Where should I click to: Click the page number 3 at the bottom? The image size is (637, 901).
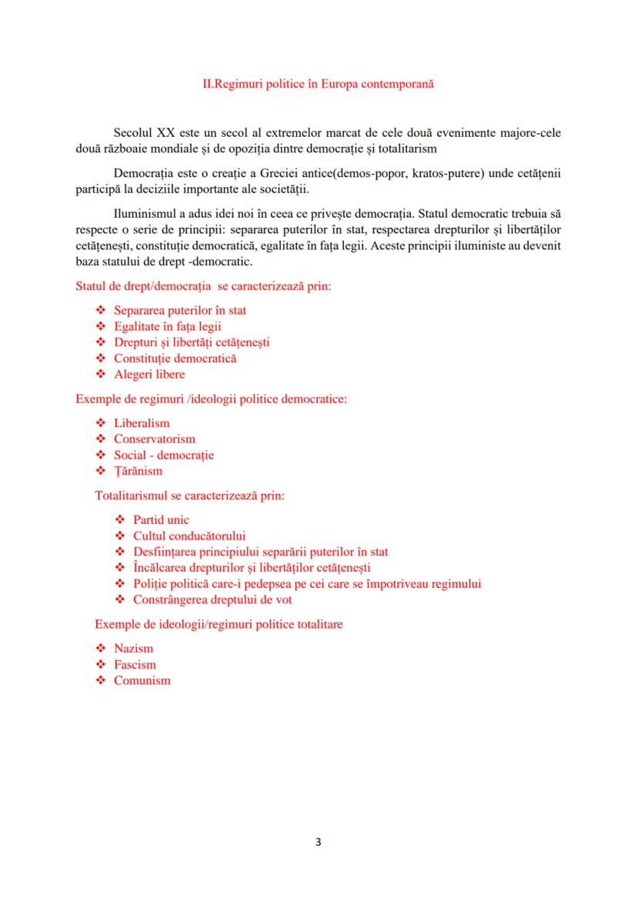(x=318, y=841)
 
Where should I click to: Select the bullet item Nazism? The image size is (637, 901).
(x=133, y=649)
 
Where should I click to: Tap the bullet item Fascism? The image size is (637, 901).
(x=135, y=665)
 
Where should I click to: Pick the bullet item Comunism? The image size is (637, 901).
(x=142, y=681)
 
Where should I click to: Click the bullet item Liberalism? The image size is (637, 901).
(x=142, y=423)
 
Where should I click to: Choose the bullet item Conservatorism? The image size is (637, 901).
(x=155, y=439)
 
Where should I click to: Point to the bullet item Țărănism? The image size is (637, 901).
(x=138, y=472)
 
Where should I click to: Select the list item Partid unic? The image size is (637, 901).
(x=161, y=520)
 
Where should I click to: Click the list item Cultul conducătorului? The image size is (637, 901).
(x=189, y=536)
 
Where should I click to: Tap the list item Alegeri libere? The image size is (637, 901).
(x=149, y=375)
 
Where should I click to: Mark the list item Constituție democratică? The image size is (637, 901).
(x=175, y=359)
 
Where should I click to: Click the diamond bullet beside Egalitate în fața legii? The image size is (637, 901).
(x=100, y=326)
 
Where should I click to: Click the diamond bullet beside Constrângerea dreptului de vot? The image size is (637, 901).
(x=119, y=600)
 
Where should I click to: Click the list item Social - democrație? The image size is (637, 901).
(x=164, y=456)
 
